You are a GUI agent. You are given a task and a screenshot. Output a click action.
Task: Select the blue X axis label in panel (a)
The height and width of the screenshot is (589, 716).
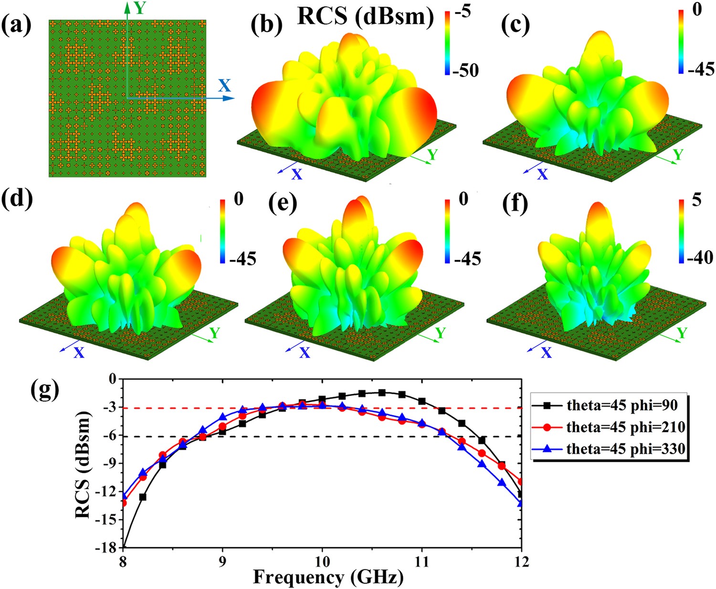coord(224,85)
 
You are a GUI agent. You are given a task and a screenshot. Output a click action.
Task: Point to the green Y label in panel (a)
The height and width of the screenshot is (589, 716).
coord(139,8)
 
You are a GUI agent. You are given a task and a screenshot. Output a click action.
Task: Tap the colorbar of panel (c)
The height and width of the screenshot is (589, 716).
coord(682,41)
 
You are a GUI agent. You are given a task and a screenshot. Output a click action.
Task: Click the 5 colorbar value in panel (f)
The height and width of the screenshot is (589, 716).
coord(696,200)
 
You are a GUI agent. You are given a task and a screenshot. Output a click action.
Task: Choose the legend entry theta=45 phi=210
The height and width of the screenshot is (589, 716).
coord(625,427)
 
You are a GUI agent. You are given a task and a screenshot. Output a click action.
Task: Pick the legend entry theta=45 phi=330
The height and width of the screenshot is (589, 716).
coord(625,449)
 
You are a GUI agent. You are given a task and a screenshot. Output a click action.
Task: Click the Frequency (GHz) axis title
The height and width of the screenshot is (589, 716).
coord(328,577)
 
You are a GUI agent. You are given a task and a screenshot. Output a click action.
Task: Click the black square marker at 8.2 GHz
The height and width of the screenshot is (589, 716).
coord(143,497)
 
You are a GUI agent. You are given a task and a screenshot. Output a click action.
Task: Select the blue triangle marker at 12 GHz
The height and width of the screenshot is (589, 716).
coord(521,503)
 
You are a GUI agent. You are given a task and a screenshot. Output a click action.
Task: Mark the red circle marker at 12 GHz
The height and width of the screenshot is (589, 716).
coord(521,482)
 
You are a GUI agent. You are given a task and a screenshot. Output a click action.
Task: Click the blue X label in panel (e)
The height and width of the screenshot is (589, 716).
coord(304,353)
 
